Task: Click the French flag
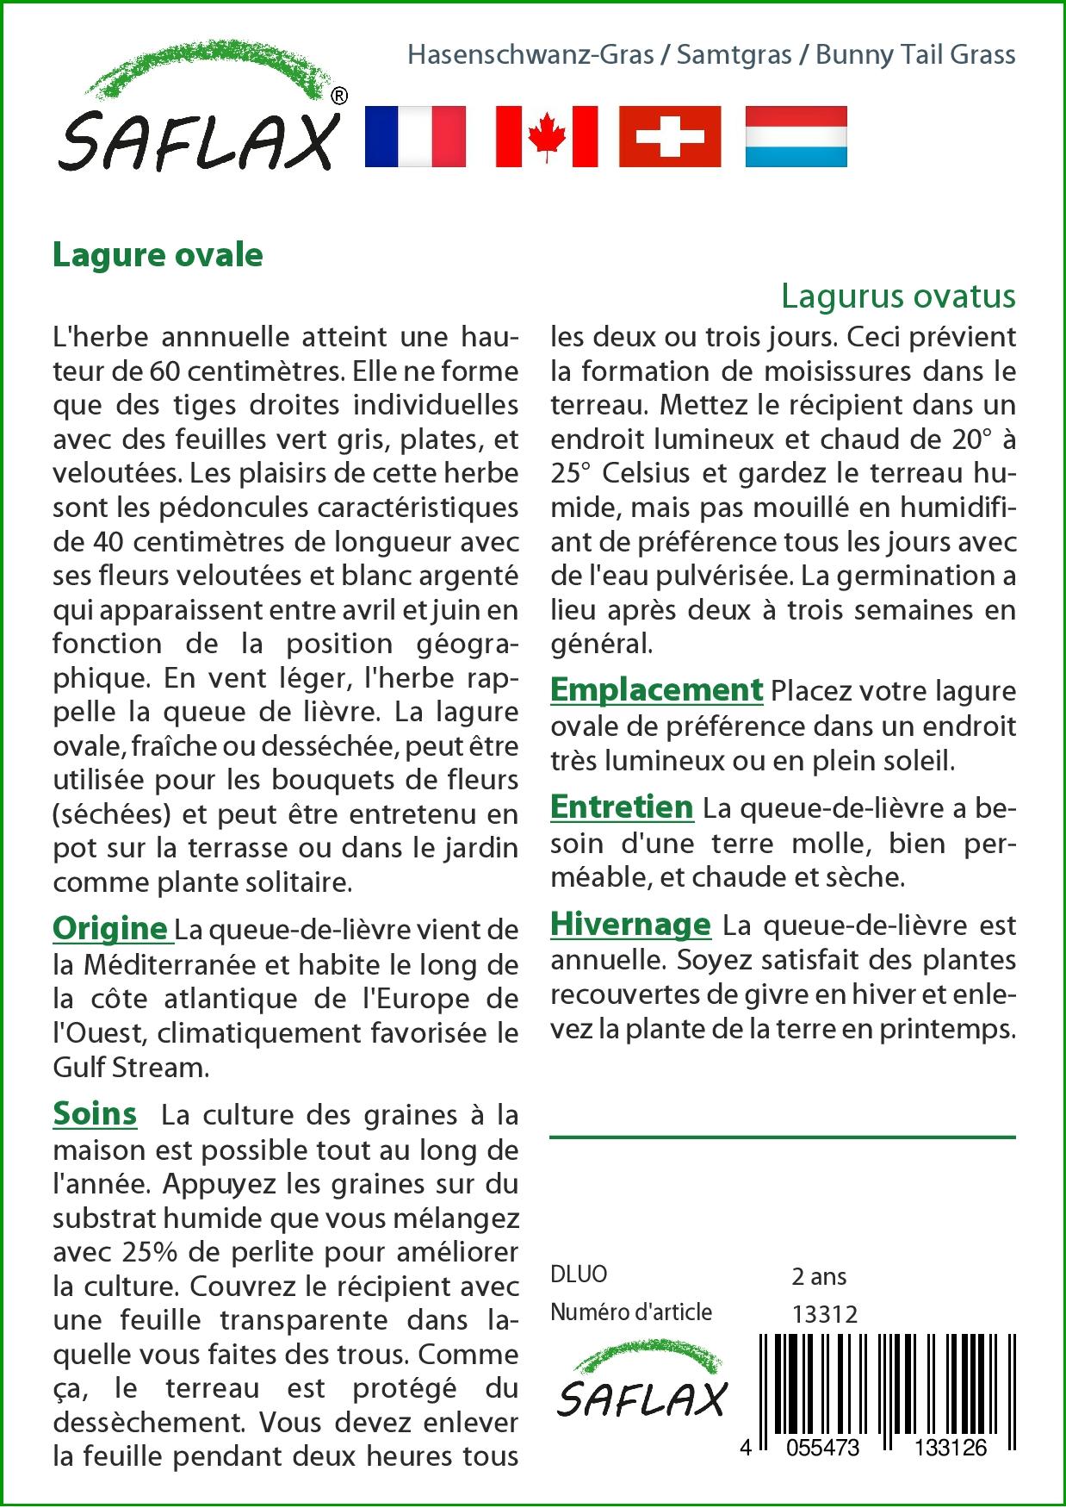[415, 136]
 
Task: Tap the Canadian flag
[546, 136]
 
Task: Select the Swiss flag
[670, 136]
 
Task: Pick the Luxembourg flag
[796, 136]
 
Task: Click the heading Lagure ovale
[158, 255]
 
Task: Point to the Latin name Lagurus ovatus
[898, 296]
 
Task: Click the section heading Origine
[110, 928]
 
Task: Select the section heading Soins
[95, 1113]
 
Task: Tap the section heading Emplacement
[656, 689]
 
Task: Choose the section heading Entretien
[622, 807]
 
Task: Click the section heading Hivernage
[630, 924]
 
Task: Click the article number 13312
[824, 1313]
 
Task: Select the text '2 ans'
[818, 1275]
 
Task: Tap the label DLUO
[579, 1274]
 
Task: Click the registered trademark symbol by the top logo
[339, 97]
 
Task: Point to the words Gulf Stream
[130, 1067]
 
